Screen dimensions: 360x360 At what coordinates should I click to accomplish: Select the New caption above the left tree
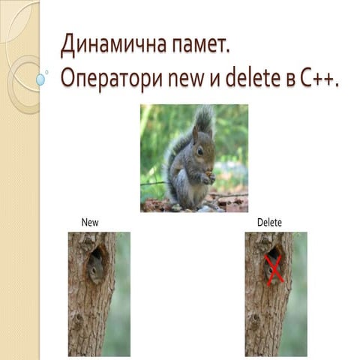point(90,223)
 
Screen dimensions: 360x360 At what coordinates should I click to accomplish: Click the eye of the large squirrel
point(200,150)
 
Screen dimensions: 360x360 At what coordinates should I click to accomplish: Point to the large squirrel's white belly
point(196,184)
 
